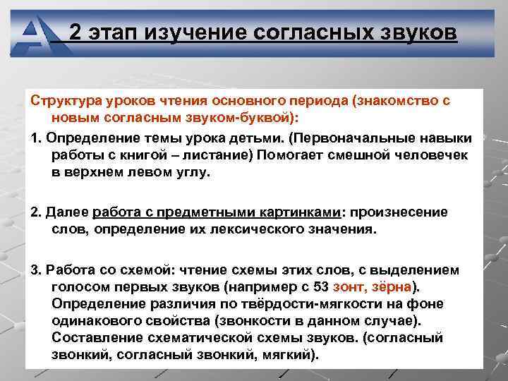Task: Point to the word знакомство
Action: click(397, 100)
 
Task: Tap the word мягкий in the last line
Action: click(288, 354)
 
